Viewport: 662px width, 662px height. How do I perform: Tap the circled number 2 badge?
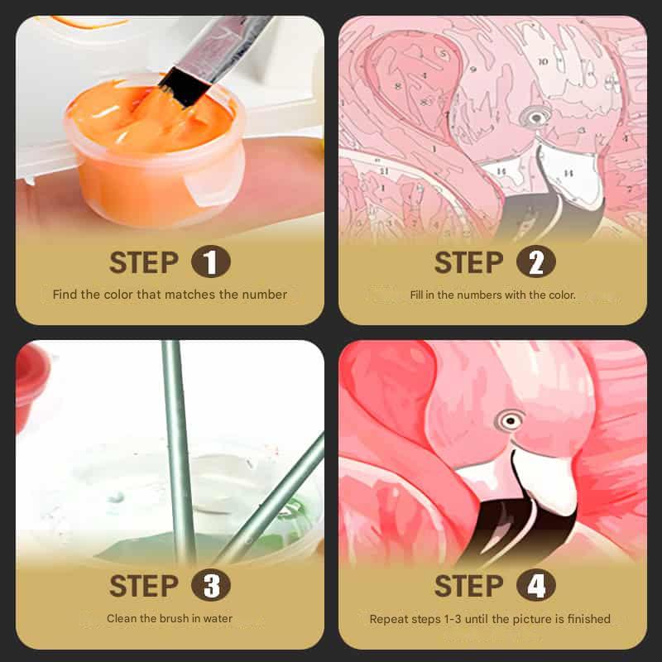pos(535,263)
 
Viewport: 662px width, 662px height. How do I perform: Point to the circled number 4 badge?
pos(535,587)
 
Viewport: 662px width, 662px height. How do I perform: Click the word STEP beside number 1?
pos(143,263)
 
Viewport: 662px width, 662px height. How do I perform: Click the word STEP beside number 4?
pos(468,587)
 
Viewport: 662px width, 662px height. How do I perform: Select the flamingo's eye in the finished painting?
pos(511,421)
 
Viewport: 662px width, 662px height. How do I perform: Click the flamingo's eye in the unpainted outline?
pos(537,118)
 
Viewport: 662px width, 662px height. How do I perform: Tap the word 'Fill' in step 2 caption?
pos(417,295)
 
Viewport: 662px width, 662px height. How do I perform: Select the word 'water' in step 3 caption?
pos(219,618)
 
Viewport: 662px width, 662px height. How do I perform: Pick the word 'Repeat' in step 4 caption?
pos(388,619)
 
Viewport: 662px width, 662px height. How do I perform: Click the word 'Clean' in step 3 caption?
pos(121,618)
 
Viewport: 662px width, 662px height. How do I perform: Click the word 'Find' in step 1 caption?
pos(65,295)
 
